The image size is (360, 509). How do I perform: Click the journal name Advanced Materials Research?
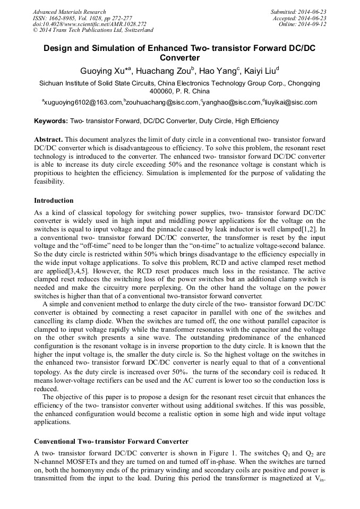[69, 12]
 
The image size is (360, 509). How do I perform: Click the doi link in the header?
[89, 24]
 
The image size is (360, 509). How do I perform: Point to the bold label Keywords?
[51, 121]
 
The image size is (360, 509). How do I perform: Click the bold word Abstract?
[48, 139]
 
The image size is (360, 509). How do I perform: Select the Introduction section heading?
[54, 201]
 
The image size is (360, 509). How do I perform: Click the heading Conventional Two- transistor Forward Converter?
[111, 442]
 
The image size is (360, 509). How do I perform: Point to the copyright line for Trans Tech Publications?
[93, 30]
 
